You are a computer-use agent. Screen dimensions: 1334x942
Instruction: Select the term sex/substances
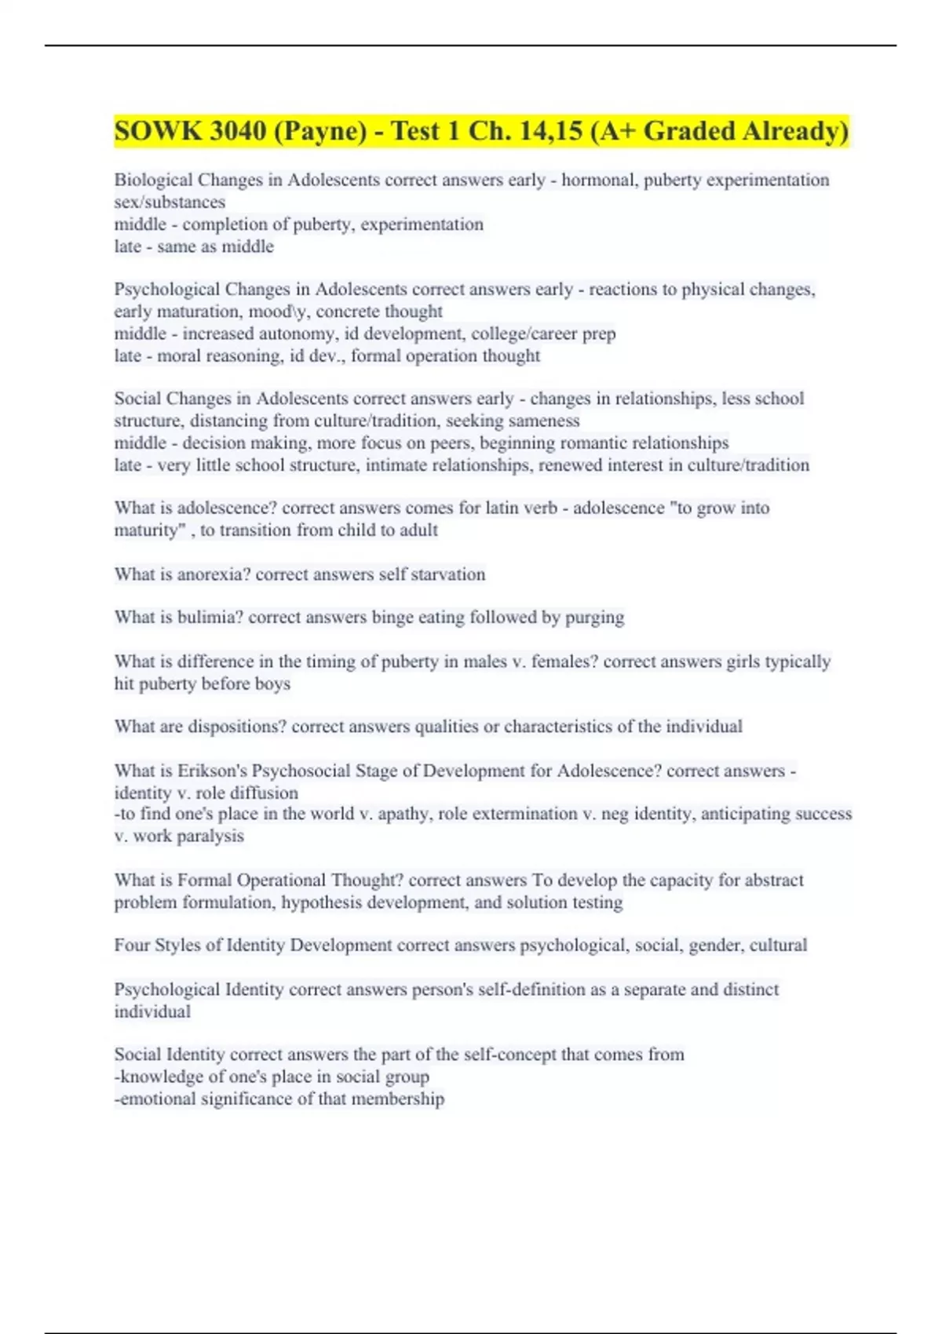click(x=170, y=202)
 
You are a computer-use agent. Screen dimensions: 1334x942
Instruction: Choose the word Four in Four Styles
click(x=130, y=945)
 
